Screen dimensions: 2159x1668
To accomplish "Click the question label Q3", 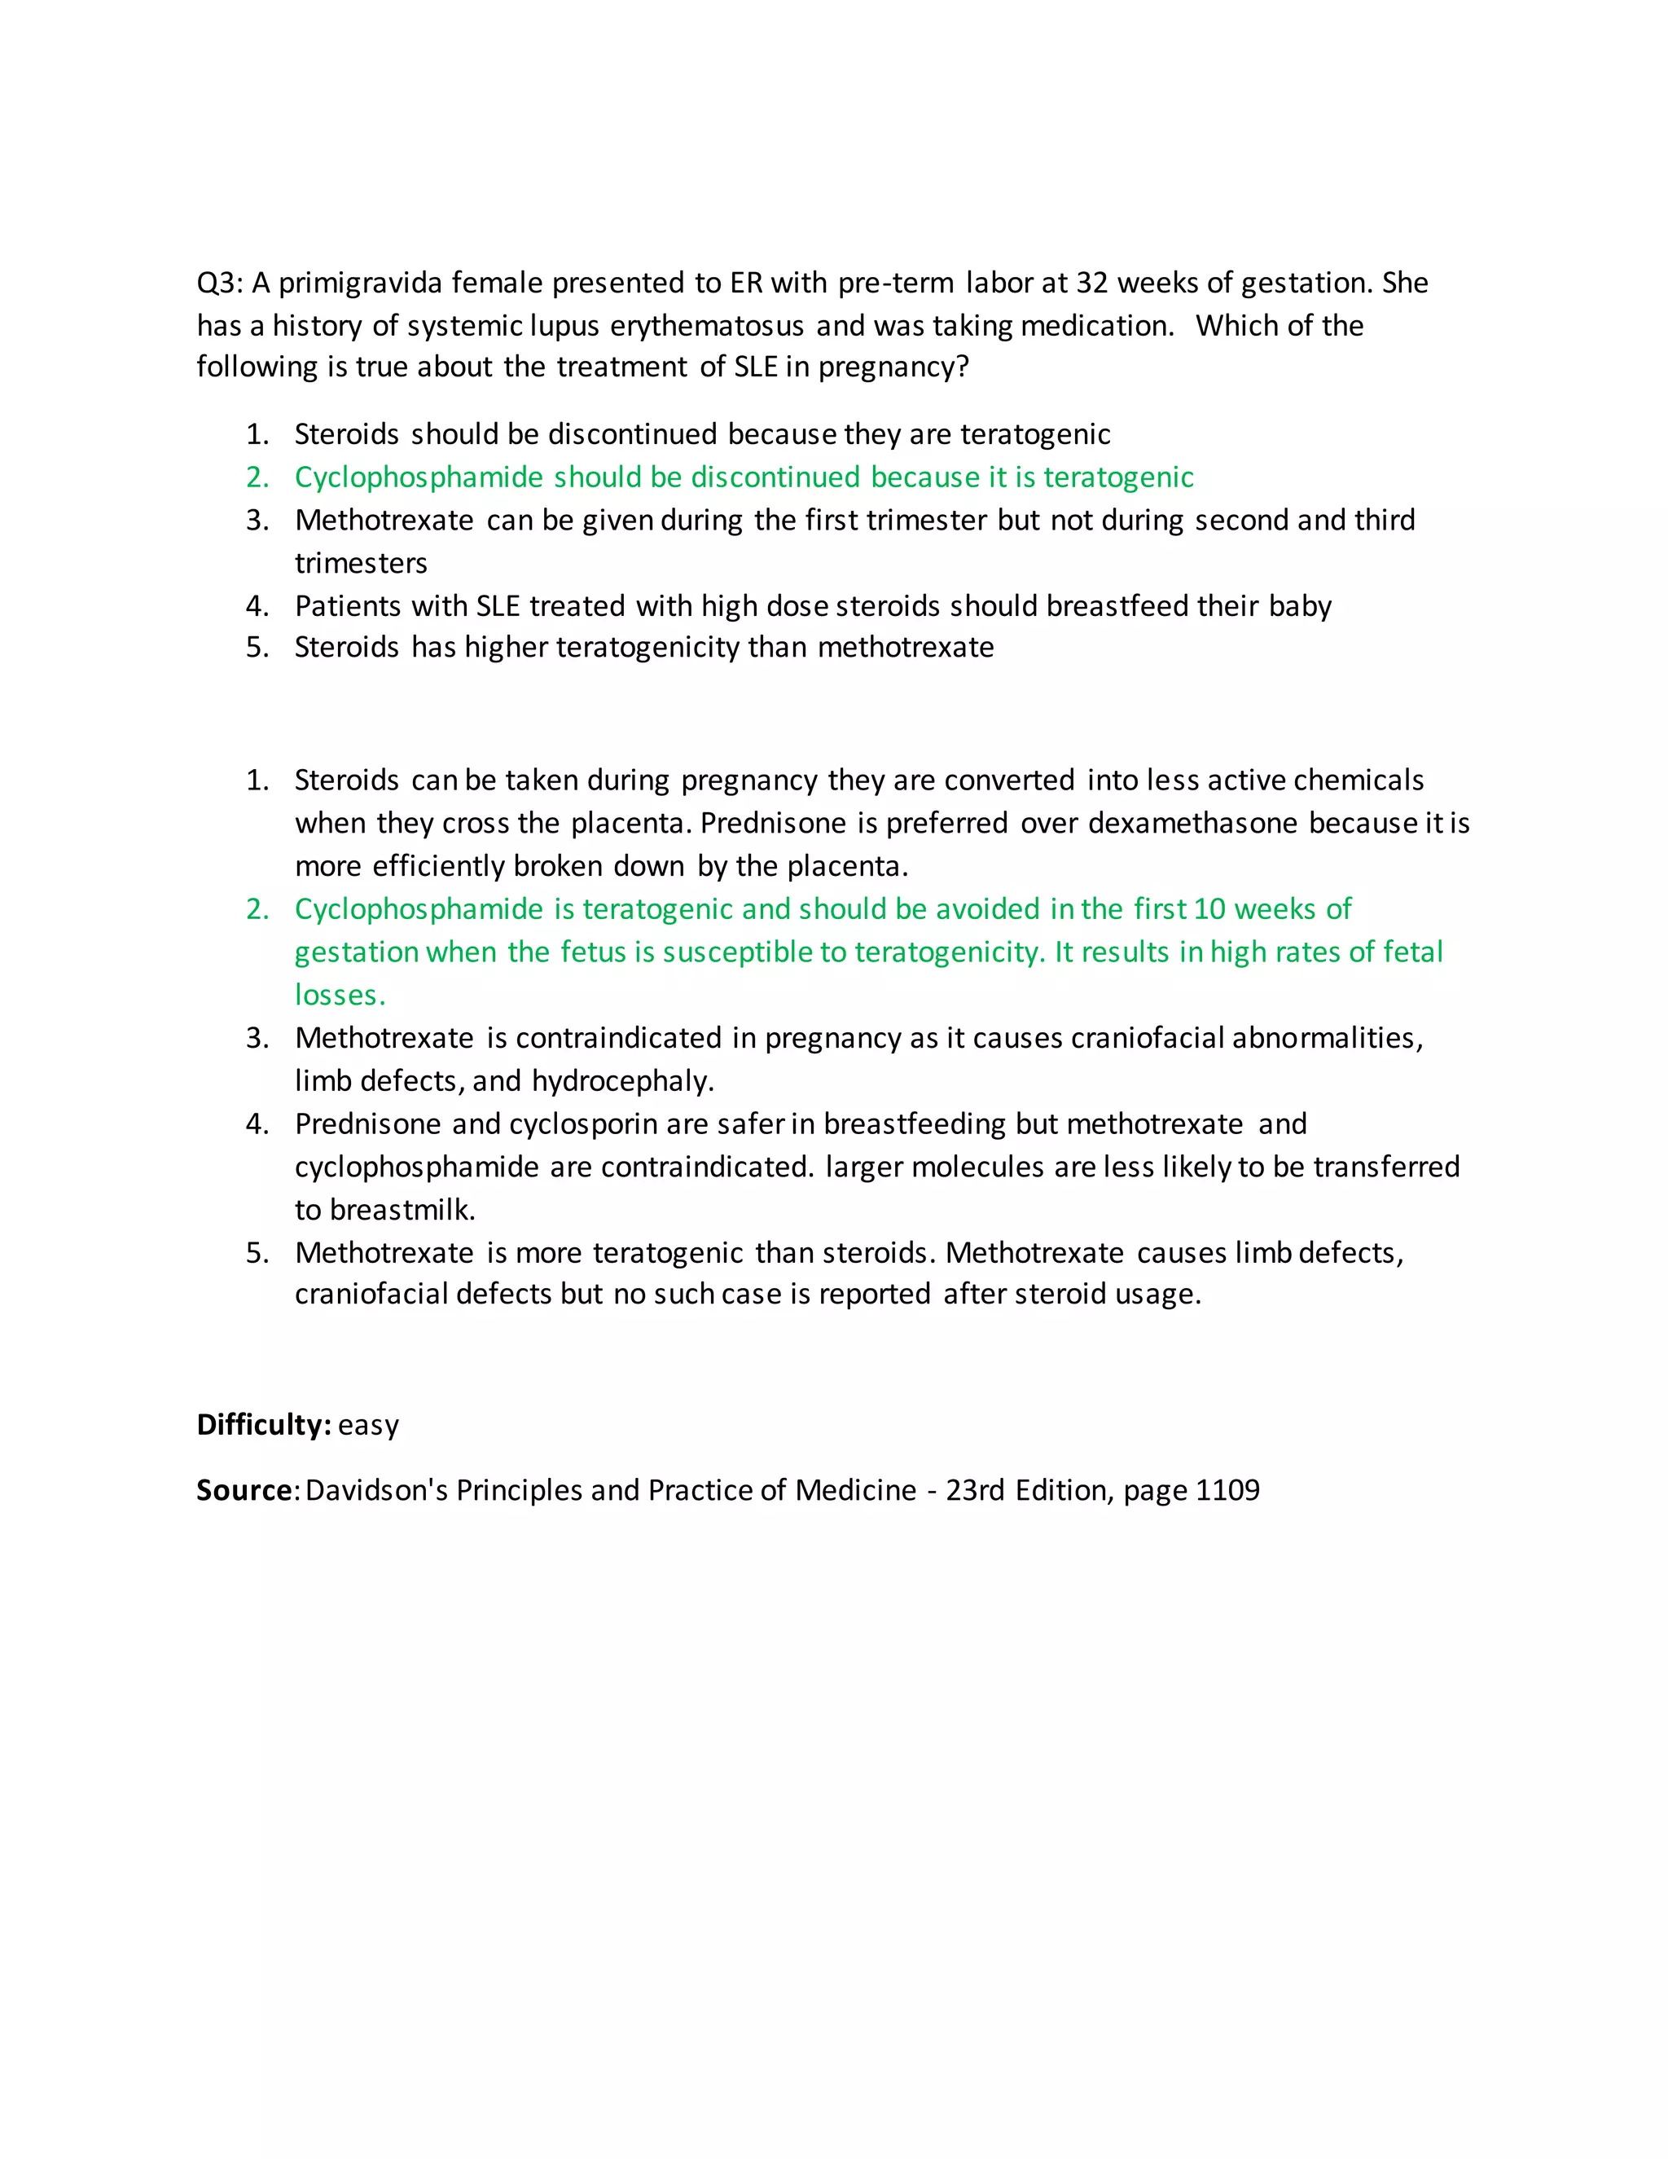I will tap(218, 284).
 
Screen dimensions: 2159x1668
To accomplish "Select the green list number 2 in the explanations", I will tap(257, 909).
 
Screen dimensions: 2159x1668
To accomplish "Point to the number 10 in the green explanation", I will tap(1209, 909).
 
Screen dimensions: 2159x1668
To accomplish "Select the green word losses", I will tap(339, 996).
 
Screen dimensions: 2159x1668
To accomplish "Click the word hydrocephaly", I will tap(621, 1081).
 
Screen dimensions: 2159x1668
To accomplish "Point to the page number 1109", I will tap(1227, 1490).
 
